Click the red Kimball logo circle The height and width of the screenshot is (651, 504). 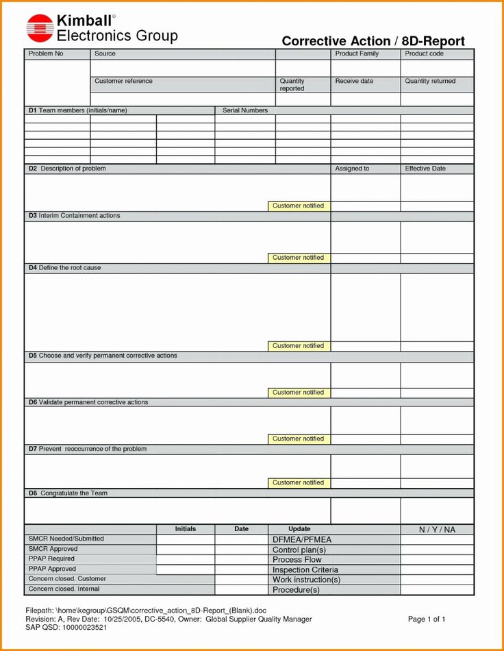click(x=40, y=28)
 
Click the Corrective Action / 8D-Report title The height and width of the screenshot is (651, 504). click(x=373, y=41)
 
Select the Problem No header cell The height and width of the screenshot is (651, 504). click(x=45, y=53)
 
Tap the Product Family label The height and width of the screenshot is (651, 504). click(x=356, y=53)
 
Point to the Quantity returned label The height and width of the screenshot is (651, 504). click(x=430, y=81)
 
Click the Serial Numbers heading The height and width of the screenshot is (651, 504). click(x=245, y=110)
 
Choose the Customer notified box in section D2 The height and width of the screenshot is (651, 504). click(x=299, y=206)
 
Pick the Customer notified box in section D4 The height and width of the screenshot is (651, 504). click(x=299, y=346)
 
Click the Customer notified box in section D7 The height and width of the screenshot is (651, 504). click(x=299, y=482)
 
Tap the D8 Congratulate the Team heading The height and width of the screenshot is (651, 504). click(x=68, y=493)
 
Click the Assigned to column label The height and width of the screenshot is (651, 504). click(x=352, y=169)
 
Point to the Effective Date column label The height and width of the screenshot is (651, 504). click(x=425, y=169)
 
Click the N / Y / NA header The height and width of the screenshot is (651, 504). click(x=437, y=530)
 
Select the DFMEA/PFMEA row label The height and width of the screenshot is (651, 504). click(x=302, y=540)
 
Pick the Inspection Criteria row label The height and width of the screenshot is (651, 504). click(x=305, y=570)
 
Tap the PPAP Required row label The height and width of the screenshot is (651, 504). click(x=52, y=559)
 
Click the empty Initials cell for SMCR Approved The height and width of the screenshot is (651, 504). click(x=186, y=550)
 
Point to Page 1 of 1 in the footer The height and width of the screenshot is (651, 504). click(x=427, y=619)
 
